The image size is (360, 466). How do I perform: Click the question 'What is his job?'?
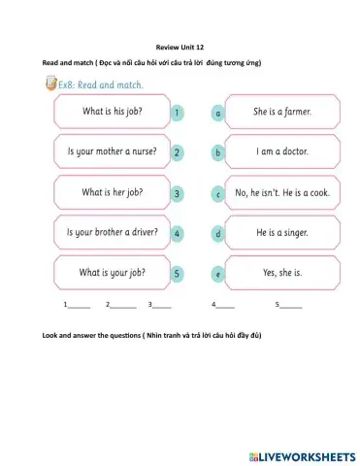pyautogui.click(x=112, y=112)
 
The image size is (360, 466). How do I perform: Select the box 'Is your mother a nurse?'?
pyautogui.click(x=112, y=152)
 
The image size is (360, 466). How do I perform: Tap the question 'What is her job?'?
pyautogui.click(x=112, y=193)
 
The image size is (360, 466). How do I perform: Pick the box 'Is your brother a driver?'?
pyautogui.click(x=112, y=233)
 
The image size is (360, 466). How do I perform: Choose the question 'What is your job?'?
pyautogui.click(x=112, y=273)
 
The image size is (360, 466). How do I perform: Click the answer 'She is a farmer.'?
pyautogui.click(x=281, y=112)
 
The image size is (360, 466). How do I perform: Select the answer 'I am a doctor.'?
pyautogui.click(x=281, y=152)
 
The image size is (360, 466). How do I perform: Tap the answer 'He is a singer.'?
pyautogui.click(x=281, y=233)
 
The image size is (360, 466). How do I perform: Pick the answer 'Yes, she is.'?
pyautogui.click(x=281, y=273)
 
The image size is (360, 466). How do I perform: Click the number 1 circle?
pyautogui.click(x=177, y=113)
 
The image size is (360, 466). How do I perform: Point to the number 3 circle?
pyautogui.click(x=177, y=194)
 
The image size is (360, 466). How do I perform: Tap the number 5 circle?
pyautogui.click(x=177, y=274)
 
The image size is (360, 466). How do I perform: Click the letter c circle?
pyautogui.click(x=218, y=194)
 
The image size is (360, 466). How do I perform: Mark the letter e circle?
pyautogui.click(x=218, y=275)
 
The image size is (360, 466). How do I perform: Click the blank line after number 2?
pyautogui.click(x=123, y=305)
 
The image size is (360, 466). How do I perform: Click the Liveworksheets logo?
pyautogui.click(x=302, y=454)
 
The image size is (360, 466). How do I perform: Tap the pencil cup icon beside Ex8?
pyautogui.click(x=50, y=84)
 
